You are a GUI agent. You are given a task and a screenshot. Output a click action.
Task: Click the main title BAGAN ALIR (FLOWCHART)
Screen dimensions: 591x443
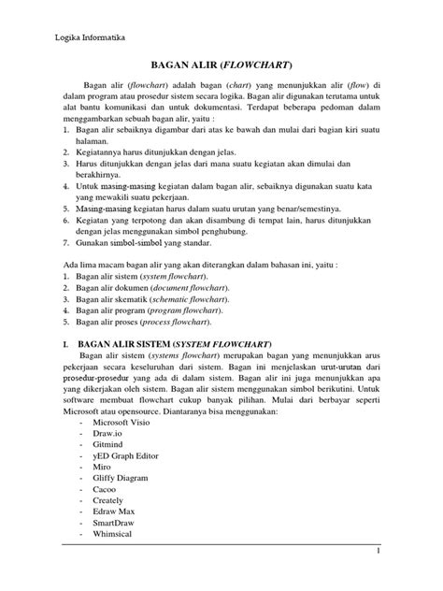click(x=221, y=65)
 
